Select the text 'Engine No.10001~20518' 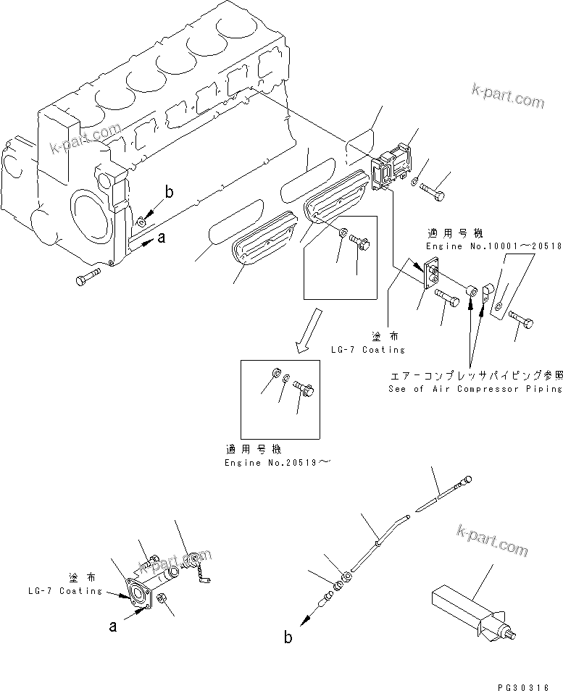(493, 246)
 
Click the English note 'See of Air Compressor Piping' (475, 389)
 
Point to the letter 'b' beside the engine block (169, 192)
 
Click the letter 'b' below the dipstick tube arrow (288, 637)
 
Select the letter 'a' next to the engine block (162, 238)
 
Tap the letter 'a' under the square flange (113, 627)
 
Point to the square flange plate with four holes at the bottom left (137, 596)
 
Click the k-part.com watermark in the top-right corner (507, 96)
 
